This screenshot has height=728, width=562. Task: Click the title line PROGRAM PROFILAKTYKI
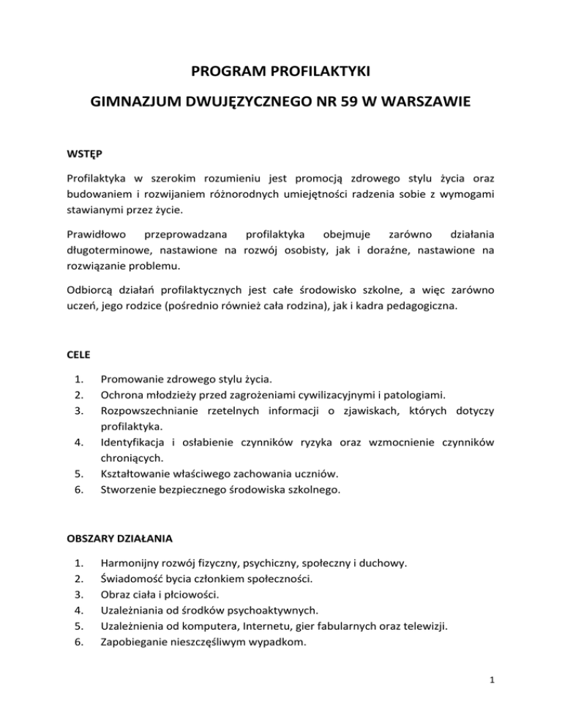point(280,73)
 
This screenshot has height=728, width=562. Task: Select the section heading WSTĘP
point(82,155)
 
